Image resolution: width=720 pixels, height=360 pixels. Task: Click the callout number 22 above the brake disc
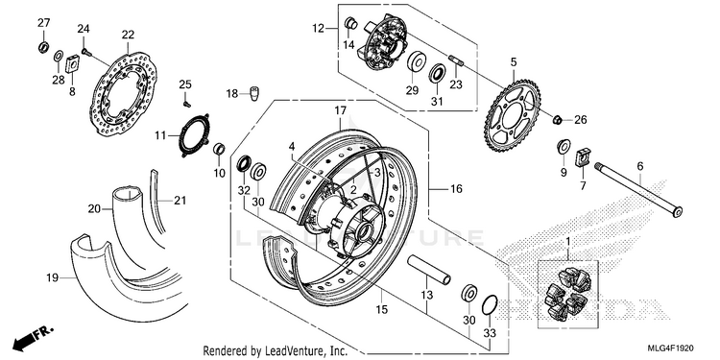tap(128, 35)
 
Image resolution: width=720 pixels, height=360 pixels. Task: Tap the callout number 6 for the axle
tap(640, 167)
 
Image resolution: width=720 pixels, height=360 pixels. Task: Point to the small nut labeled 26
tap(557, 120)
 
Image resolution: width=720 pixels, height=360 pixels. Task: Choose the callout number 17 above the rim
tap(340, 110)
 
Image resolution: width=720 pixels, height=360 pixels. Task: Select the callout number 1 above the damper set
tap(567, 242)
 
